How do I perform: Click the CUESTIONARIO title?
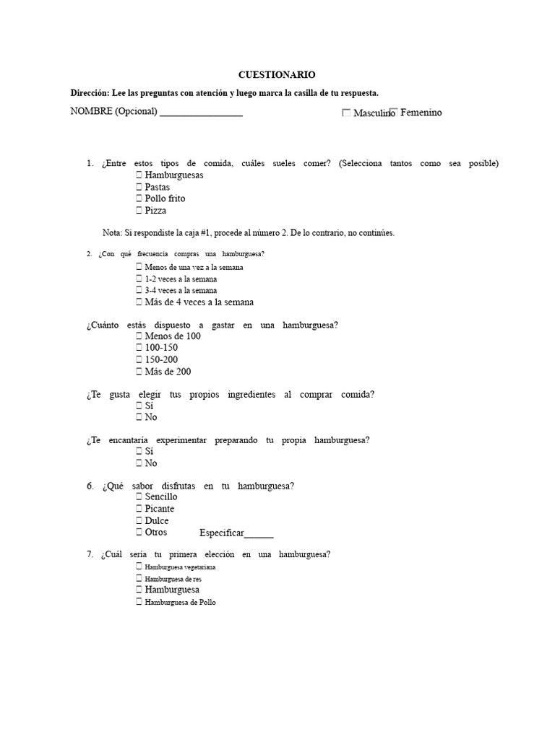[x=277, y=74]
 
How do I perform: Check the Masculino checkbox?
[x=346, y=113]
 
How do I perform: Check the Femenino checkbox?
[x=393, y=112]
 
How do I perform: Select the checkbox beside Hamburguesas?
[x=139, y=175]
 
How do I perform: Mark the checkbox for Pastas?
[x=139, y=187]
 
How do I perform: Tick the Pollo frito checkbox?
[x=139, y=198]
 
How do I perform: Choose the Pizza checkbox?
[x=139, y=211]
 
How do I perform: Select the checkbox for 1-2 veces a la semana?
[x=139, y=279]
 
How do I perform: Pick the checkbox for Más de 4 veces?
[x=139, y=302]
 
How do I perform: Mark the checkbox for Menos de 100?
[x=139, y=336]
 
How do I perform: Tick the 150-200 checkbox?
[x=139, y=359]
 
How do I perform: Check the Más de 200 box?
[x=139, y=372]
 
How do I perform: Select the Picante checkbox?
[x=139, y=509]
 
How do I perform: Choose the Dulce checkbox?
[x=139, y=520]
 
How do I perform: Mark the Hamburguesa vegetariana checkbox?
[x=139, y=567]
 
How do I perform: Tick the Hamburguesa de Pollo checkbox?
[x=139, y=602]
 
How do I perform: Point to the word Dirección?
[x=87, y=93]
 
